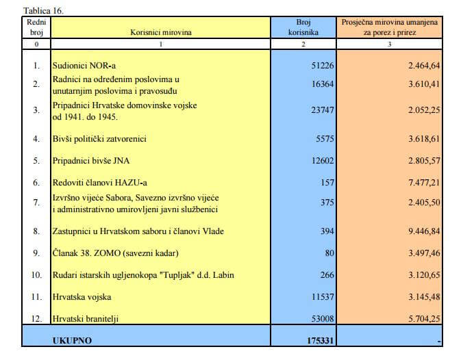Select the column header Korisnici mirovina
coord(161,32)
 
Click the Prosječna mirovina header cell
coord(391,27)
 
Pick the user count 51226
coord(322,66)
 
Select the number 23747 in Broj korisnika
coord(322,111)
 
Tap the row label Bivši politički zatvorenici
coord(100,139)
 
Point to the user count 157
coord(327,183)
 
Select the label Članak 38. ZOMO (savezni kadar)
coord(115,253)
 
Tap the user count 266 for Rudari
coord(327,275)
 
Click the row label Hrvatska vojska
coord(82,297)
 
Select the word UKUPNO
coord(72,339)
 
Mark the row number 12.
coord(36,318)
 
